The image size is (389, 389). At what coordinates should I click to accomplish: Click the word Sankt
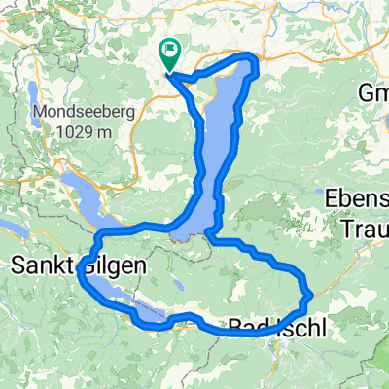click(x=42, y=264)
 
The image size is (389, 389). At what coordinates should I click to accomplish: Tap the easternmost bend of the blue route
click(x=308, y=294)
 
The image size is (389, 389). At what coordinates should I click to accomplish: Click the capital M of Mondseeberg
click(x=40, y=112)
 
